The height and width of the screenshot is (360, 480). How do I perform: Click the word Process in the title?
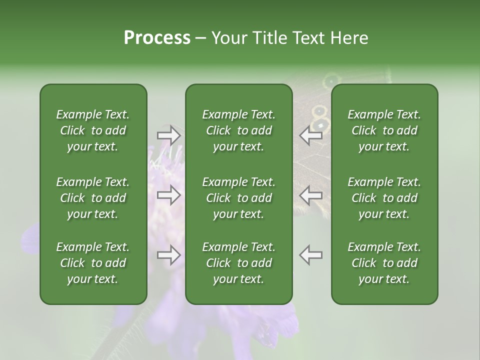coord(157,38)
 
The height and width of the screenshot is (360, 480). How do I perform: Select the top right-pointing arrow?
coord(169,135)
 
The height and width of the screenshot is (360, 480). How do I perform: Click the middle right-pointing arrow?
coord(169,195)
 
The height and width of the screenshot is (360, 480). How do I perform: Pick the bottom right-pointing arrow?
coord(169,255)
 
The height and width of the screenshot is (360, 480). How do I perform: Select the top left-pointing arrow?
coord(311,135)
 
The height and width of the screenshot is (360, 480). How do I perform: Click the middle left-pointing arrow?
coord(311,195)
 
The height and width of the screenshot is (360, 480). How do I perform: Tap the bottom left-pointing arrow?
coord(311,255)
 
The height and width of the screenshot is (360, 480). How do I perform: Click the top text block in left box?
coord(93,130)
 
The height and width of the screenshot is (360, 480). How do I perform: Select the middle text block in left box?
coord(93,198)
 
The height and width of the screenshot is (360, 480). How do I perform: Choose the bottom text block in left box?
coord(93,263)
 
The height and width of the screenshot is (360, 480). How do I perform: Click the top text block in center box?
coord(238,130)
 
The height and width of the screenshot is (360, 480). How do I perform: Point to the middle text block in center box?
coord(238,198)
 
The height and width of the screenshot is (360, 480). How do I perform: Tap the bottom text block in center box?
coord(238,263)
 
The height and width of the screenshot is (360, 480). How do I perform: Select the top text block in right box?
coord(384,130)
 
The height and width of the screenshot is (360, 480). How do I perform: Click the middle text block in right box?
coord(384,198)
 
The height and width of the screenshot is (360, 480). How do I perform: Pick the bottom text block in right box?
coord(384,263)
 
